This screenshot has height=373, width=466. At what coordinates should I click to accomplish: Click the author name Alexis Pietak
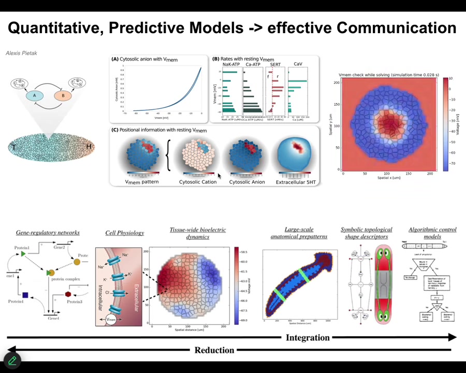[21, 53]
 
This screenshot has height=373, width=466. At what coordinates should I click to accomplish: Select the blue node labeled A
[35, 96]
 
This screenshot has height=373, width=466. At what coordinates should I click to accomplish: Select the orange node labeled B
[63, 96]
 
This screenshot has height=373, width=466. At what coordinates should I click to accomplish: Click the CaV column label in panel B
[298, 64]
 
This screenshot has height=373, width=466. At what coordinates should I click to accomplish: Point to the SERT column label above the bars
[275, 64]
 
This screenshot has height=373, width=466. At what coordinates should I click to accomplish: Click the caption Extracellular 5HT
[296, 182]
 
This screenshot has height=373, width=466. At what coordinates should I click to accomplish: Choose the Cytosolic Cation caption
[198, 182]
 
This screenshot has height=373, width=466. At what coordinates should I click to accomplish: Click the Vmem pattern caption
[142, 182]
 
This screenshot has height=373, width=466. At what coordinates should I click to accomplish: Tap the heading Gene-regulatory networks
[48, 233]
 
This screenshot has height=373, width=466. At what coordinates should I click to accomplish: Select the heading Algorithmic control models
[432, 233]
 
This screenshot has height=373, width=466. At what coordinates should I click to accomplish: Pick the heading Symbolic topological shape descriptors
[367, 233]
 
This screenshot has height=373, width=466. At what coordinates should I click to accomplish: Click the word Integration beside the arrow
[308, 338]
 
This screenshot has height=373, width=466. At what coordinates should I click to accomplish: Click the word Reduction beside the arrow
[214, 350]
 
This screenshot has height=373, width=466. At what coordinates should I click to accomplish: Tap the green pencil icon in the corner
[12, 360]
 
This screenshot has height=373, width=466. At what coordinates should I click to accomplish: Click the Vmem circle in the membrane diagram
[111, 320]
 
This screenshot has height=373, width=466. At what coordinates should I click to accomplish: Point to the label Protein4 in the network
[16, 302]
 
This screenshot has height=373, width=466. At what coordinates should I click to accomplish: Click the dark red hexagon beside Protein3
[68, 294]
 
